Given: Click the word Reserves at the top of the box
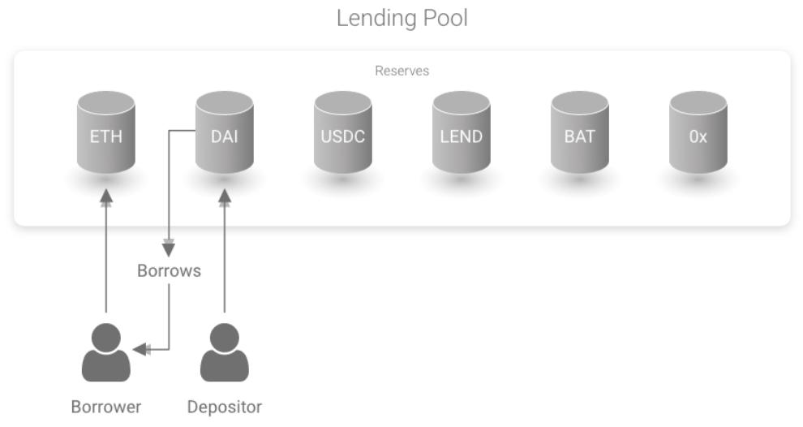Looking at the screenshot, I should click(x=401, y=71).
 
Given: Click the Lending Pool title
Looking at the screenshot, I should click(x=401, y=19).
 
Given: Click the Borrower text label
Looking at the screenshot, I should click(x=106, y=407).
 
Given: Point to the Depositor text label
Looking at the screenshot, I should click(x=225, y=407).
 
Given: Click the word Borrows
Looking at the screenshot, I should click(x=169, y=271).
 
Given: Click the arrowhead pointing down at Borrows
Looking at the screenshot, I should click(x=169, y=249).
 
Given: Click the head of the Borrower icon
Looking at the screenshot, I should click(x=106, y=337).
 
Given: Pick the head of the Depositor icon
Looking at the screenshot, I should click(x=225, y=337).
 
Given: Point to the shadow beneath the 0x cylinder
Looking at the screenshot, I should click(x=698, y=180).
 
